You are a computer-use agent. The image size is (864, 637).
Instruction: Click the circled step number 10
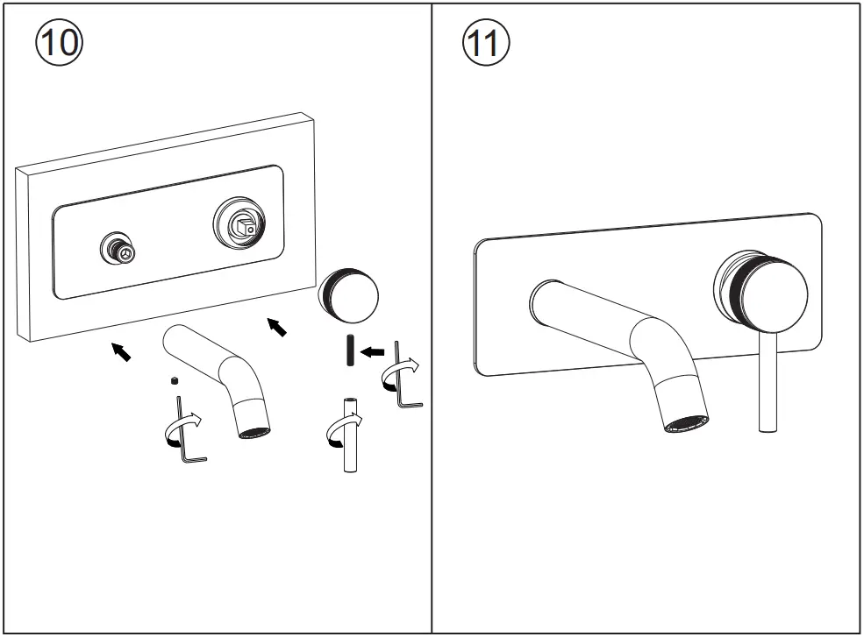pyautogui.click(x=58, y=42)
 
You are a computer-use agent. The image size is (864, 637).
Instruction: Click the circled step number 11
pyautogui.click(x=484, y=42)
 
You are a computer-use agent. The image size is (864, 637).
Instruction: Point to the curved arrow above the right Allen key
pyautogui.click(x=401, y=371)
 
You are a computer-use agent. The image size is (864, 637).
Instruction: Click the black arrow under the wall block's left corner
pyautogui.click(x=122, y=351)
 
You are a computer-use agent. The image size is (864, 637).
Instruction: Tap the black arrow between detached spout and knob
pyautogui.click(x=276, y=327)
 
